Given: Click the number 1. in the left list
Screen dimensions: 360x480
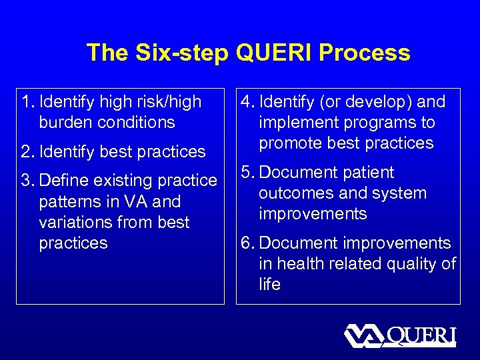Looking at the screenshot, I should [x=28, y=102].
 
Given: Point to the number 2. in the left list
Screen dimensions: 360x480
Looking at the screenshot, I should [x=28, y=152].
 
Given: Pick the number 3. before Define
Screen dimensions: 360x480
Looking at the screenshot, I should [x=28, y=181].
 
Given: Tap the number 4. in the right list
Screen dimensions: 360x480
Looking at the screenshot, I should [x=248, y=102].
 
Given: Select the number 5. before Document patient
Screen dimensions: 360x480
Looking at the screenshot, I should [x=248, y=173].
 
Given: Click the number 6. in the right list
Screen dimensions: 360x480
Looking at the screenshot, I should [x=248, y=243].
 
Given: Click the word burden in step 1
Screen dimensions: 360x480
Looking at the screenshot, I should [x=67, y=123].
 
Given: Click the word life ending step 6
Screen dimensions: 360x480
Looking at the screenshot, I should [x=270, y=285].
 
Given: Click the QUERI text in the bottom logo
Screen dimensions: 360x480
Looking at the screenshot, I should [x=421, y=335].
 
